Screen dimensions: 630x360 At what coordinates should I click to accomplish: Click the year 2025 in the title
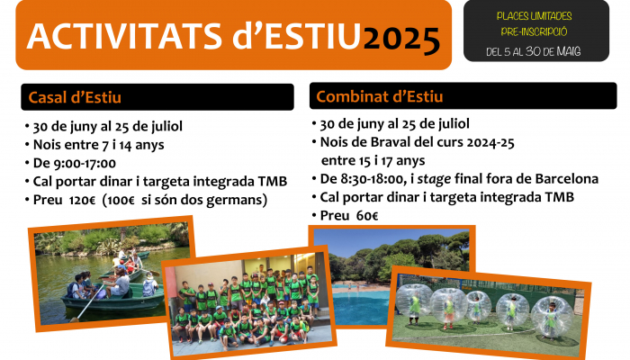(401, 40)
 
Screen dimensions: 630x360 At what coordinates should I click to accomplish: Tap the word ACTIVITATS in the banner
(124, 36)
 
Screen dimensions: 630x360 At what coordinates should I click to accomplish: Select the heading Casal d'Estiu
(75, 97)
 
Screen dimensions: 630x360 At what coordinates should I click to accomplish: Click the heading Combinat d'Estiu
(380, 97)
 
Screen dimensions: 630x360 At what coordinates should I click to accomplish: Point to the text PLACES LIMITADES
(534, 16)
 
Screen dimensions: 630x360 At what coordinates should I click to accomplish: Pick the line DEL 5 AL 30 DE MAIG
(534, 51)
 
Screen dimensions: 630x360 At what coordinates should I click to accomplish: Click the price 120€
(82, 200)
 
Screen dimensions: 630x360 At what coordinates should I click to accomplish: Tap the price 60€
(367, 216)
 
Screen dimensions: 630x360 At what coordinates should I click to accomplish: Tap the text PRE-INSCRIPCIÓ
(534, 31)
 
